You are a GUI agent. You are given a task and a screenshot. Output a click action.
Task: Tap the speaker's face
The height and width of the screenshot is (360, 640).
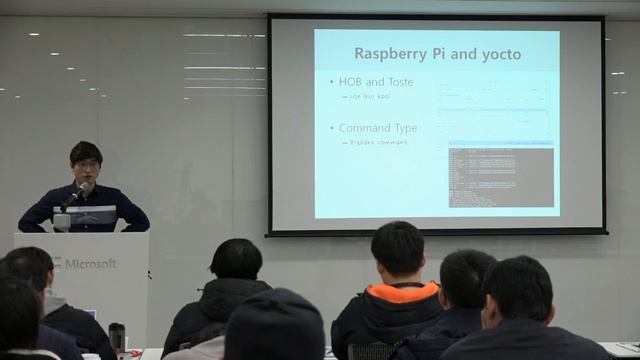point(85,163)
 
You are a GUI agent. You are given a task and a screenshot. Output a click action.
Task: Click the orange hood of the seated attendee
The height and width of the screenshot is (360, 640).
point(404,292)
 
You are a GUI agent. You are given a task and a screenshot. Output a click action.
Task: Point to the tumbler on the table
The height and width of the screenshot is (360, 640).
point(117,338)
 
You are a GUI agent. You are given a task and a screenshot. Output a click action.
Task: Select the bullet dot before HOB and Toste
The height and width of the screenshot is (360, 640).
point(331,82)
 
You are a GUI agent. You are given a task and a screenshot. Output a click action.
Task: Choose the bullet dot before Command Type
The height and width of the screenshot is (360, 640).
point(331,129)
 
